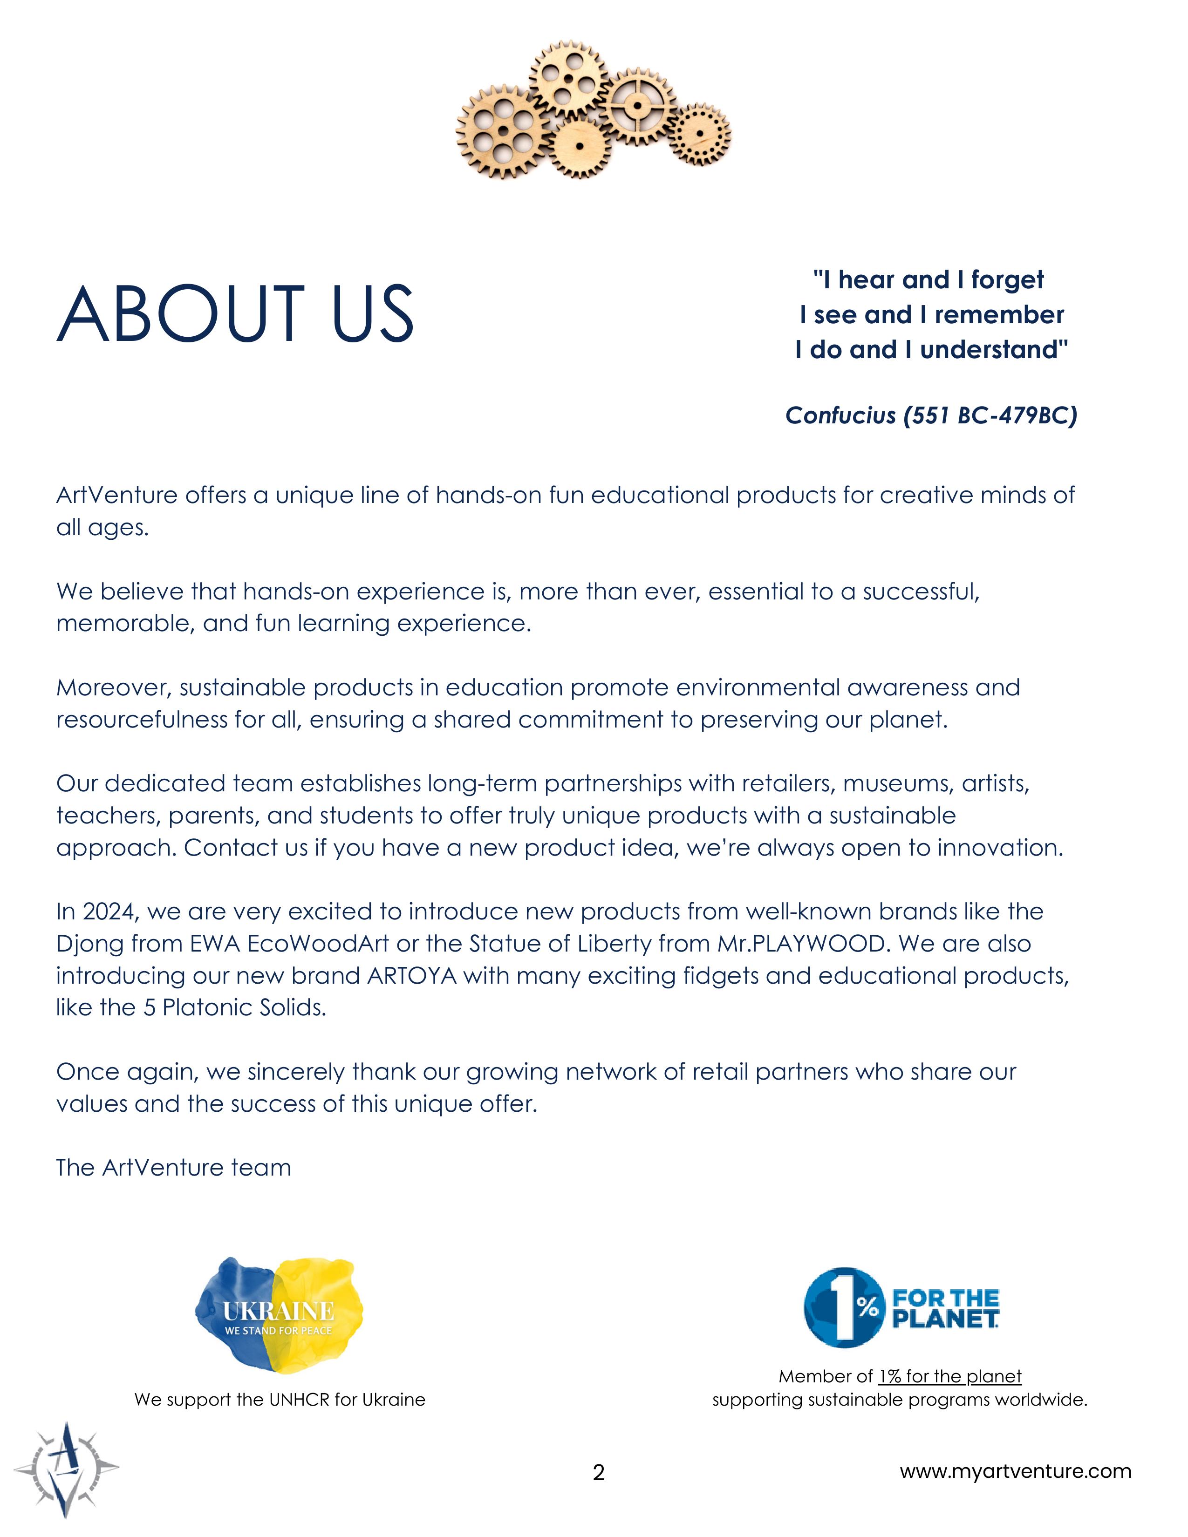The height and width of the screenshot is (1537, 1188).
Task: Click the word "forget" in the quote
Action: (x=1007, y=280)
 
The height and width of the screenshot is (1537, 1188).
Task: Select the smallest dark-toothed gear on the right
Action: (x=699, y=134)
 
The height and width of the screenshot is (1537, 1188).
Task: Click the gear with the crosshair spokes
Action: (x=638, y=106)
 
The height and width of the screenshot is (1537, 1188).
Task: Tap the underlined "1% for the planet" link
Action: (x=949, y=1376)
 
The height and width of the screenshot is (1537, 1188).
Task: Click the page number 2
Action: (x=598, y=1472)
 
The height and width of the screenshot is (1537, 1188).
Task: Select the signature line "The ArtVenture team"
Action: (x=173, y=1168)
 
